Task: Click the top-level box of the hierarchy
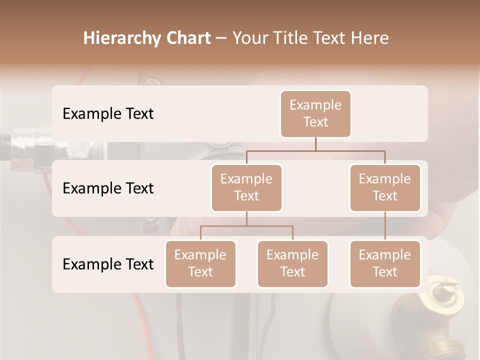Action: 315,113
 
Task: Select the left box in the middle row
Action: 246,187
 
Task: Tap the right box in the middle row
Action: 385,187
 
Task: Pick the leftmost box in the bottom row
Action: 200,263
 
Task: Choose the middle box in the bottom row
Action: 292,263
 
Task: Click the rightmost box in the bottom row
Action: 385,263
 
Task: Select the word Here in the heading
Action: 369,38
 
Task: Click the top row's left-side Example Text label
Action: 108,113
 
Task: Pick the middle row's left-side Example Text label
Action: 108,188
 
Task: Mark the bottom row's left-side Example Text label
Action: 108,264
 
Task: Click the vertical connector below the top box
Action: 315,144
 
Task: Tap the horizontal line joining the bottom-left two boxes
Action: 246,226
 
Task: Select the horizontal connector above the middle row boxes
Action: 315,150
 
